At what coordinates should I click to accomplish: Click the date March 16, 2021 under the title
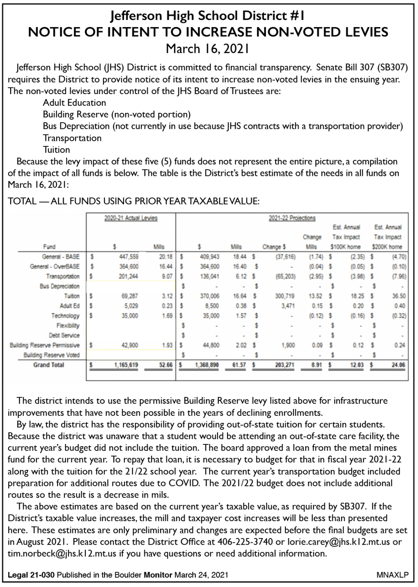208,49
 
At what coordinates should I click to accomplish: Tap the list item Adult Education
74,103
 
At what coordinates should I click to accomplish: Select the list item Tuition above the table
56,150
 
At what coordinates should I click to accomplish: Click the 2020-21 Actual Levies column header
131,218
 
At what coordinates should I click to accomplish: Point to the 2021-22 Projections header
292,218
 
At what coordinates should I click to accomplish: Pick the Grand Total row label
49,365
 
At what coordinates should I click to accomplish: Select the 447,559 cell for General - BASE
129,257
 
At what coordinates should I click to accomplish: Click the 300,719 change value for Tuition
285,296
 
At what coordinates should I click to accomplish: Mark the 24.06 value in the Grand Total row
398,365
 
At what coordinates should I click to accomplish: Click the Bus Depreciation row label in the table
59,286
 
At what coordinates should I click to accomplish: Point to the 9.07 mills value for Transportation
167,276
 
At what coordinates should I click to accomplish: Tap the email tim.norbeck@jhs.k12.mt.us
62,554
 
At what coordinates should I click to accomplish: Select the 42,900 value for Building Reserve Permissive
130,345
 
